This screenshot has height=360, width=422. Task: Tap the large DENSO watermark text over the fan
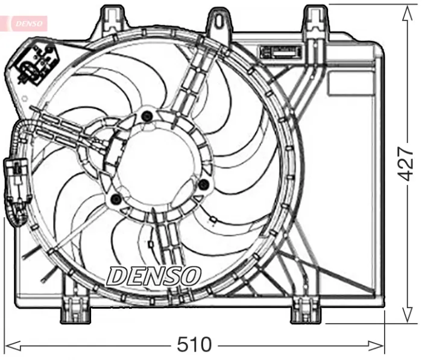pos(153,276)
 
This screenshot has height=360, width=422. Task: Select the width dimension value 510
pos(194,346)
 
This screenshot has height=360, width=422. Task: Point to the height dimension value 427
pos(408,163)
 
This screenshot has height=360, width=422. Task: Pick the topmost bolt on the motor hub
pos(146,116)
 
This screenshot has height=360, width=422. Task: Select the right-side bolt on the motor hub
pos(203,183)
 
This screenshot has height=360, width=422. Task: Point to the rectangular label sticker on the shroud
pos(282,51)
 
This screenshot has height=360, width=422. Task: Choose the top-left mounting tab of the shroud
pos(110,18)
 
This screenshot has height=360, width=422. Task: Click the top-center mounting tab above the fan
pos(219,19)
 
